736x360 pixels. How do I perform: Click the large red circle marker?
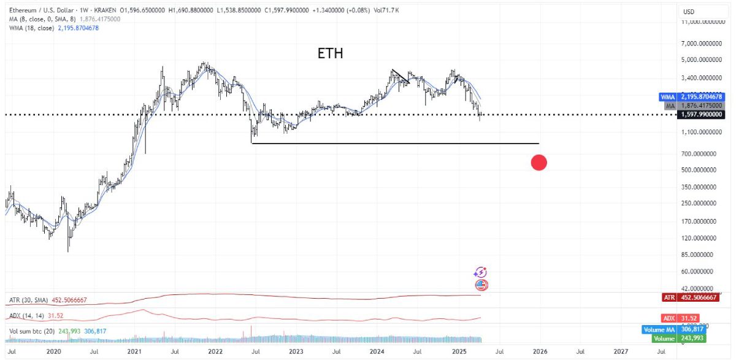click(539, 163)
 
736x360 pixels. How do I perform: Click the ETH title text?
click(330, 53)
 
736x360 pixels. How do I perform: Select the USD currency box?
click(689, 12)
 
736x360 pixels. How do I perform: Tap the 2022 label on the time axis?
click(215, 352)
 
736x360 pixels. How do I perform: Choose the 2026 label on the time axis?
click(540, 352)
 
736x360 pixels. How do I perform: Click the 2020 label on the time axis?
click(54, 352)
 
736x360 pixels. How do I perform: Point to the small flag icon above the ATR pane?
click(481, 285)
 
